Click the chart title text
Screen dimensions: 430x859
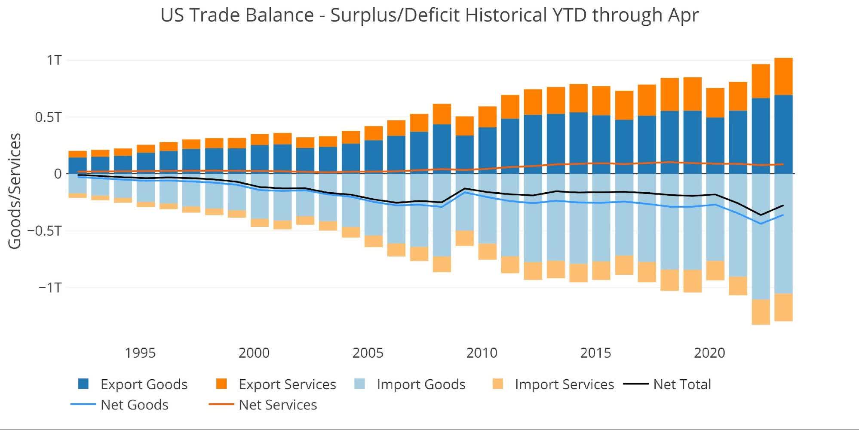(x=429, y=15)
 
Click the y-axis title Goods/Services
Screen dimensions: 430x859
(x=15, y=191)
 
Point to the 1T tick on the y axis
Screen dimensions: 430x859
(x=54, y=60)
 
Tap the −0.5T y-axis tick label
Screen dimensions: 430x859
(x=45, y=231)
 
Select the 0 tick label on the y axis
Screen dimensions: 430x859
(x=58, y=174)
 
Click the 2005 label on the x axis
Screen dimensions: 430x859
(x=368, y=353)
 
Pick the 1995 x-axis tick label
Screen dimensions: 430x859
(x=140, y=353)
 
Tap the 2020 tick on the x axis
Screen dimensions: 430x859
(x=709, y=353)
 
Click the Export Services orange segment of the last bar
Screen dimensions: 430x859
(x=783, y=77)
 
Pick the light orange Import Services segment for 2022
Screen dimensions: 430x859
(x=761, y=312)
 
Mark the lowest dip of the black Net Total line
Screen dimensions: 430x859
(x=761, y=215)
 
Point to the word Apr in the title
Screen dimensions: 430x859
(x=683, y=15)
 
